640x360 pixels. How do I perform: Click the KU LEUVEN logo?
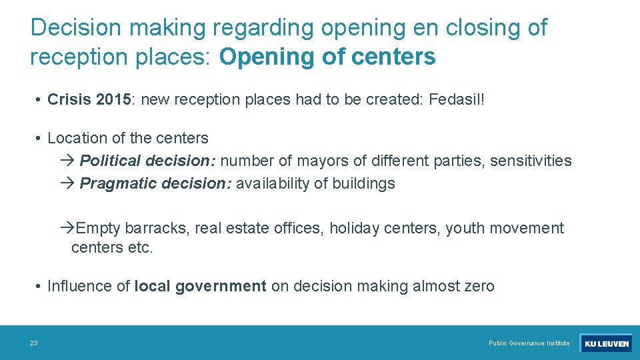click(606, 343)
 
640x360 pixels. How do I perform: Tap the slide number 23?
click(33, 343)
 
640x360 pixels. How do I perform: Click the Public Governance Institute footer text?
click(529, 343)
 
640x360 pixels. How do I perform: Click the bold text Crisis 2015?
click(89, 100)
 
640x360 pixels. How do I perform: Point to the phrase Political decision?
click(148, 161)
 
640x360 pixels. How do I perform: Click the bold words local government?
click(200, 286)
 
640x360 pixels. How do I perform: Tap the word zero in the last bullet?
click(477, 286)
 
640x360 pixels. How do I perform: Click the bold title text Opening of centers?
click(327, 57)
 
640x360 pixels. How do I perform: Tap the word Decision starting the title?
click(76, 27)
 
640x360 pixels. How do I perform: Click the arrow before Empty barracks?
click(67, 228)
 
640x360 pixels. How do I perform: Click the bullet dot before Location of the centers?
click(40, 139)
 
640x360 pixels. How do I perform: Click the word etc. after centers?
click(141, 248)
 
